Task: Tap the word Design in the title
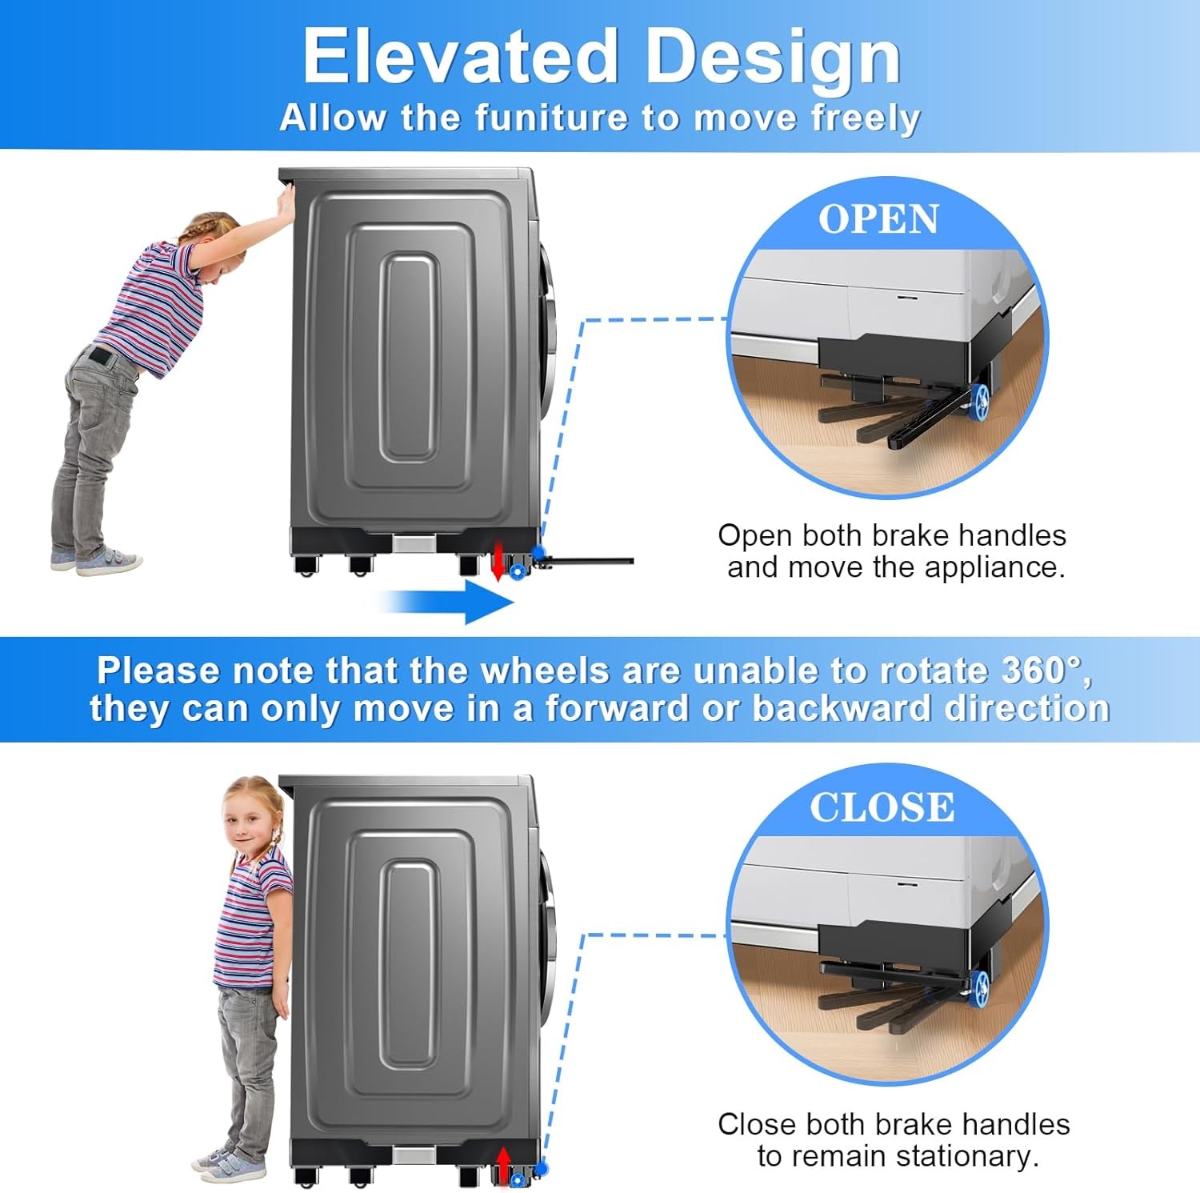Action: click(x=773, y=58)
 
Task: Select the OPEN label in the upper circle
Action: click(x=878, y=219)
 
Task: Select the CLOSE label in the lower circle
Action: click(x=882, y=807)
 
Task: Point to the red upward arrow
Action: click(x=503, y=1164)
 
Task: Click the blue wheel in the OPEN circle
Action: click(x=980, y=400)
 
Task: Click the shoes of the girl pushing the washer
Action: click(x=96, y=560)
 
